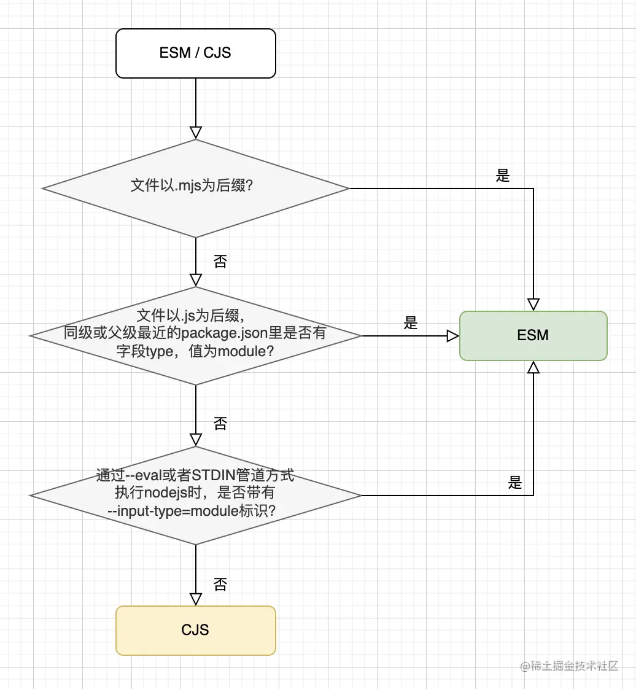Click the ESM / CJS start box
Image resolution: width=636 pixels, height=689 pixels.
195,53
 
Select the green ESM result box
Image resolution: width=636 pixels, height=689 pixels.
533,335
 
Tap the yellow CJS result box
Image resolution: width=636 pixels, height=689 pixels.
195,630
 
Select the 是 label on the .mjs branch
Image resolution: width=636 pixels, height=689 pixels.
503,176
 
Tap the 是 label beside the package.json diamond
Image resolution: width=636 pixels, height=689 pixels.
411,324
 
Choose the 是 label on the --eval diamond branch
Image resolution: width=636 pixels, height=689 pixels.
515,483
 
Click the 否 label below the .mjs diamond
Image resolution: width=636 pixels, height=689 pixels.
220,262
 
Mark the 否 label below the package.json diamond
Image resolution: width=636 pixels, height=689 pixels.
220,423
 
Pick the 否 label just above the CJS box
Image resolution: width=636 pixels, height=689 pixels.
220,583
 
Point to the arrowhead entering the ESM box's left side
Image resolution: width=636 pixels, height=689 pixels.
453,336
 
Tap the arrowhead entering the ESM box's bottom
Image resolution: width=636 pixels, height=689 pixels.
533,367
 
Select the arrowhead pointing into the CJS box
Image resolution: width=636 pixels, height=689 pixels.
195,599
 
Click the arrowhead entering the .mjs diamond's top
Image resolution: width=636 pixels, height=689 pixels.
195,133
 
